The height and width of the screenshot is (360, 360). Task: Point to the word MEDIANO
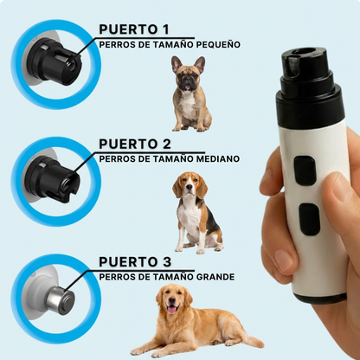pos(212,159)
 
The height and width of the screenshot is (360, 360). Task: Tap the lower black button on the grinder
pos(308,218)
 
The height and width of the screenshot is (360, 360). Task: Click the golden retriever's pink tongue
pos(173,308)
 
